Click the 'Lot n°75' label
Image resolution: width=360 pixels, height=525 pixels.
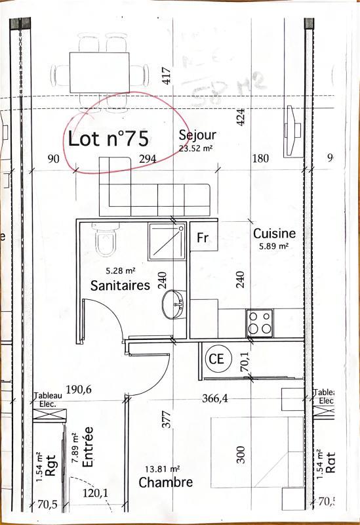[108, 139]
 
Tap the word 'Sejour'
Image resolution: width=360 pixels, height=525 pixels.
[197, 135]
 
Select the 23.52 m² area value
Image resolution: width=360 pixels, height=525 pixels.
[196, 148]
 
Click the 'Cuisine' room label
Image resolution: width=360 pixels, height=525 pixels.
[274, 233]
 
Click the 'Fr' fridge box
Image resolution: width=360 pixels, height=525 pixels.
[203, 238]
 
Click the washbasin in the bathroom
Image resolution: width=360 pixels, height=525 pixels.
[174, 304]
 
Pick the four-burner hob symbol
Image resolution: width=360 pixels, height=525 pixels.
[259, 322]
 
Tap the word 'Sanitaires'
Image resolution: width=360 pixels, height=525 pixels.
[121, 285]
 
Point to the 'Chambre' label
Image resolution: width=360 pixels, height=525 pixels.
[166, 482]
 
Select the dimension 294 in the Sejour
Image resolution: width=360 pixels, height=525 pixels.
[148, 159]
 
